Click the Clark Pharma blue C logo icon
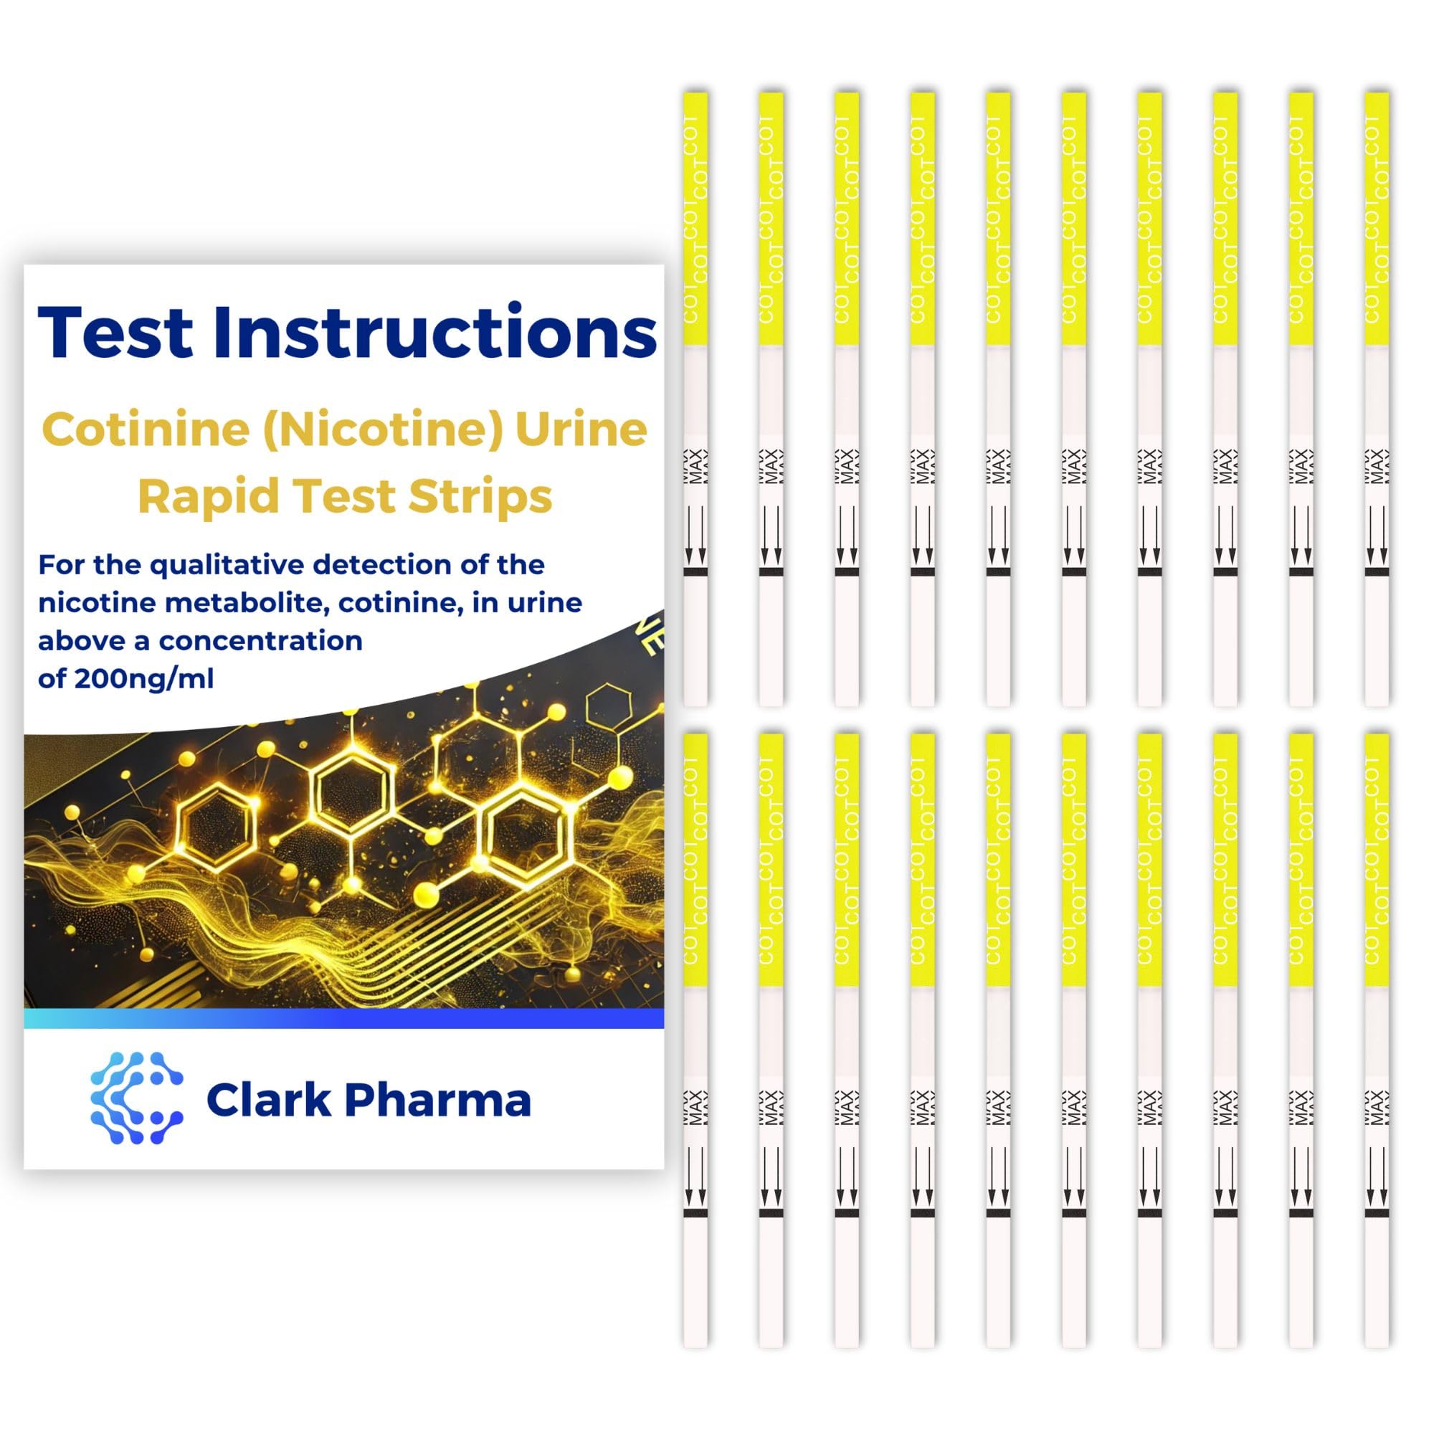pos(136,1098)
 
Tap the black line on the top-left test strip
pos(695,572)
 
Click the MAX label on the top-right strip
pos(1377,467)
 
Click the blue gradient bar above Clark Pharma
pos(343,1018)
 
